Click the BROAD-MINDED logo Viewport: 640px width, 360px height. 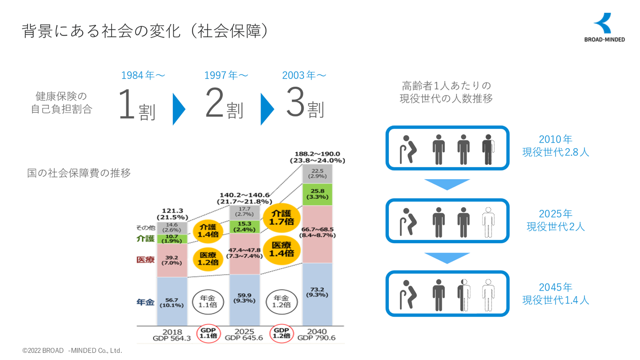[604, 28]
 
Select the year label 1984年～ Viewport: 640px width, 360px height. [143, 76]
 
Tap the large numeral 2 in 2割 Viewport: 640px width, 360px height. [214, 102]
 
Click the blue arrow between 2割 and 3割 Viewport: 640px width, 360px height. [267, 109]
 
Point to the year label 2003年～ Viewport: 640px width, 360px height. [304, 76]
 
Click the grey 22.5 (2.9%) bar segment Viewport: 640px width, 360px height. [317, 174]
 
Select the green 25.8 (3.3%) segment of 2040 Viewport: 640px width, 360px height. [317, 194]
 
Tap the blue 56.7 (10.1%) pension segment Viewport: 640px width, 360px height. [172, 301]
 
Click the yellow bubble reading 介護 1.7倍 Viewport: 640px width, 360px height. [281, 218]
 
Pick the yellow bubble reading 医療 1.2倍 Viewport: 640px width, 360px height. [208, 259]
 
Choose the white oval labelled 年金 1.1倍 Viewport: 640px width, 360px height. [208, 302]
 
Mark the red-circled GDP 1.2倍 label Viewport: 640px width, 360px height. [281, 333]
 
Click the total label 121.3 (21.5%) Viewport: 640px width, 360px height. [172, 214]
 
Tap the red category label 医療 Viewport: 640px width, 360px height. [145, 260]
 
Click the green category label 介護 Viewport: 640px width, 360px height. [145, 239]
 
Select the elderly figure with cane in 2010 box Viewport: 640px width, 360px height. [408, 149]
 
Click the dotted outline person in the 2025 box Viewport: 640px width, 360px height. [488, 222]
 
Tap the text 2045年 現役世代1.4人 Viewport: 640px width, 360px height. [556, 294]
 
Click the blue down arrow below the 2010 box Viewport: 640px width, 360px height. [447, 184]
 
